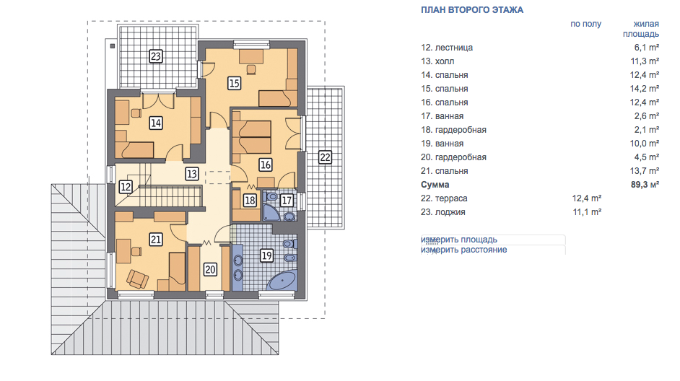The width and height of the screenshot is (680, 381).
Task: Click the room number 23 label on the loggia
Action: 156,56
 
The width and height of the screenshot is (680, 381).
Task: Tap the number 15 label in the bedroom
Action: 234,83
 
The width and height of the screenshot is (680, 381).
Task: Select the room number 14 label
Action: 156,123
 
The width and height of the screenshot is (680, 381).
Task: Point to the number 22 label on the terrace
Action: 325,157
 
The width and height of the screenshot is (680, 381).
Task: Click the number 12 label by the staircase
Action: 126,187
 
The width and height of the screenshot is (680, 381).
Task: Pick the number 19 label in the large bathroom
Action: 266,255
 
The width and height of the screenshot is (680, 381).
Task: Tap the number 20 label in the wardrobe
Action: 210,270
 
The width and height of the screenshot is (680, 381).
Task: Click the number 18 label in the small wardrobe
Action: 250,201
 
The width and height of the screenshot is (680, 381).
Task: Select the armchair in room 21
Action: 137,279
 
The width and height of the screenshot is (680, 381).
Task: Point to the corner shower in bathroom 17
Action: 271,211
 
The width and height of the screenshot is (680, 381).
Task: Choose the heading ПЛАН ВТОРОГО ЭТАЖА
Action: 472,10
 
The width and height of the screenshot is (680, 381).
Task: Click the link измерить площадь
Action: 459,240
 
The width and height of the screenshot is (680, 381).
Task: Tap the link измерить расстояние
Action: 463,250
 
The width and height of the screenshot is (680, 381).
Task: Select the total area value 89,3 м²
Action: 645,185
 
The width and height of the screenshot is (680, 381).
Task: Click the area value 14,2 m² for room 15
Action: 645,89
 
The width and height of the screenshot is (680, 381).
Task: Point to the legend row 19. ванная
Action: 442,144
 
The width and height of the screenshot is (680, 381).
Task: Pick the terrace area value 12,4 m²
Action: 586,198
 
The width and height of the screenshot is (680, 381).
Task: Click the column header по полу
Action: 585,25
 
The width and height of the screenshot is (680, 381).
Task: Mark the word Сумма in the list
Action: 435,185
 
